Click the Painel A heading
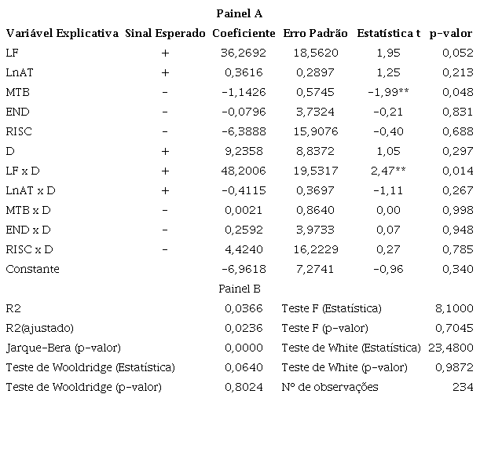pyautogui.click(x=240, y=13)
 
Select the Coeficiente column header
pyautogui.click(x=244, y=33)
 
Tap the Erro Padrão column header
pyautogui.click(x=315, y=33)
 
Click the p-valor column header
pyautogui.click(x=451, y=33)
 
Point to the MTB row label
pyautogui.click(x=18, y=92)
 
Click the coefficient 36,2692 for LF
pyautogui.click(x=244, y=53)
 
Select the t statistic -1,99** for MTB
pyautogui.click(x=388, y=92)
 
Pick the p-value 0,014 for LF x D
pyautogui.click(x=458, y=171)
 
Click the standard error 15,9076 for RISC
pyautogui.click(x=316, y=131)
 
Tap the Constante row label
pyautogui.click(x=32, y=269)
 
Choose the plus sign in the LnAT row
pyautogui.click(x=165, y=72)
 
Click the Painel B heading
pyautogui.click(x=240, y=289)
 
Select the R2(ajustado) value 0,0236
pyautogui.click(x=244, y=328)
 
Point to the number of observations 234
pyautogui.click(x=463, y=387)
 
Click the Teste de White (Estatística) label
pyautogui.click(x=351, y=348)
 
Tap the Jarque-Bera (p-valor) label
pyautogui.click(x=64, y=348)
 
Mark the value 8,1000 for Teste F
pyautogui.click(x=454, y=308)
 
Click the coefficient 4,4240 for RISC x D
pyautogui.click(x=244, y=249)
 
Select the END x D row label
pyautogui.click(x=28, y=230)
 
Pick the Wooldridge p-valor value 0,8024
pyautogui.click(x=244, y=387)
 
